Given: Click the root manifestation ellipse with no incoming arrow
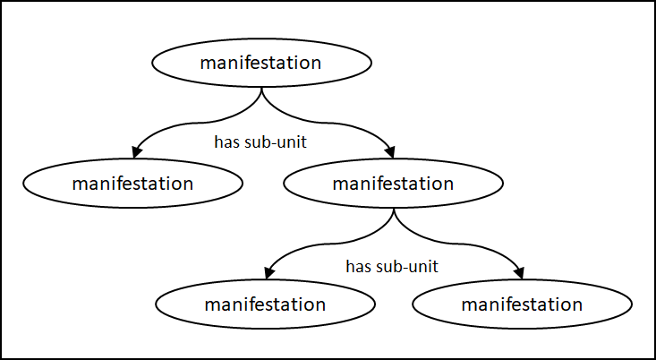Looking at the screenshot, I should point(261,64).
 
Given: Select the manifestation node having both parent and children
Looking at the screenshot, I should point(393,184).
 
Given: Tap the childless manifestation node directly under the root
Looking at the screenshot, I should point(132,184).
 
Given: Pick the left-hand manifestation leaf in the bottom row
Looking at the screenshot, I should point(265,304).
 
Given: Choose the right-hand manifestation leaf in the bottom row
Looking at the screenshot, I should point(522,304).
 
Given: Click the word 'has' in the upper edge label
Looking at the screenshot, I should point(226,141).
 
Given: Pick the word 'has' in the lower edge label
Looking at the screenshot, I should point(358,266).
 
